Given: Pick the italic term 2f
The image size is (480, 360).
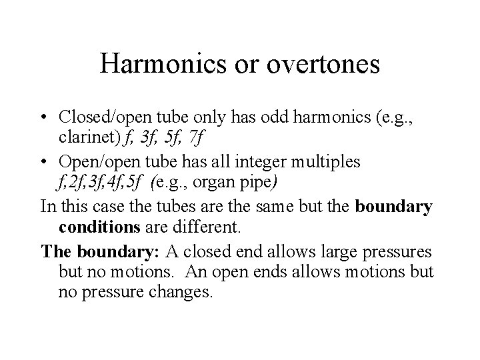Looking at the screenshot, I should pos(73,182).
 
